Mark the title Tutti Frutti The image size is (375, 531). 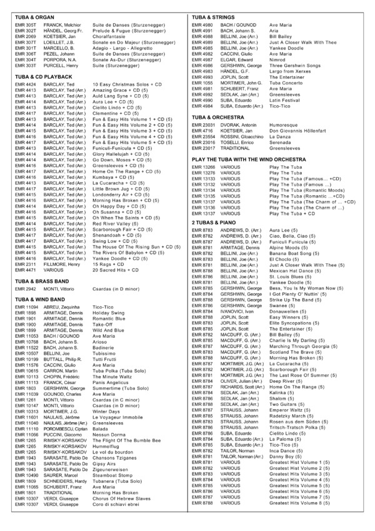click(106, 360)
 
